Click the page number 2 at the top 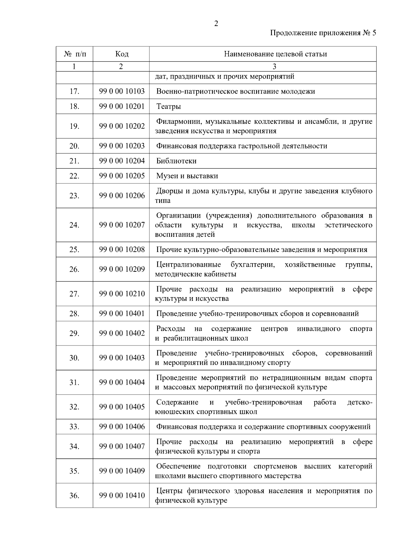coord(216,24)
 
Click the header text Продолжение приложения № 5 coord(323,33)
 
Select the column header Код coord(122,54)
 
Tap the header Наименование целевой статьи coord(275,54)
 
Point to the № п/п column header coord(75,54)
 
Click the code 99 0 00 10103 coord(122,91)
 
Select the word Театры coord(169,106)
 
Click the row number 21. coord(74,161)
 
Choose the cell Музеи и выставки coord(187,176)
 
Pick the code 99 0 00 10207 coord(122,225)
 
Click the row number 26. coord(74,269)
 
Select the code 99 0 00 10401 coord(122,314)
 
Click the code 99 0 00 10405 coord(122,407)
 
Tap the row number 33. coord(74,427)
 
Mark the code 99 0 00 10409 coord(122,471)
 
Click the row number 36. coord(74,496)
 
